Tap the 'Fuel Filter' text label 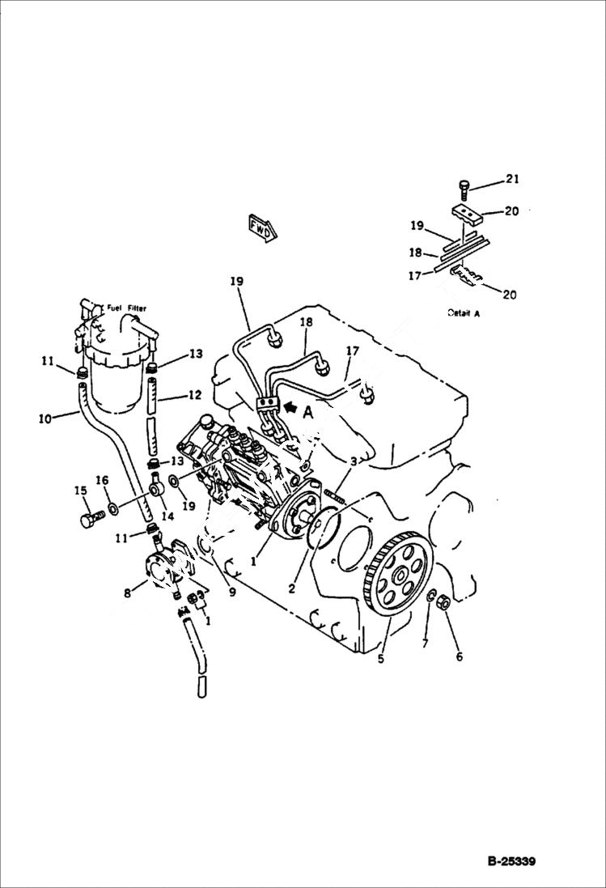[126, 308]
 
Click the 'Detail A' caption [463, 313]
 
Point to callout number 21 [512, 179]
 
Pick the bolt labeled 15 [88, 518]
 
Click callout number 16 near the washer [102, 480]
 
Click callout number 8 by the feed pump [127, 593]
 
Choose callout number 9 [231, 592]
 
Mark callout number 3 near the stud [353, 461]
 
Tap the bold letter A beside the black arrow [307, 411]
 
